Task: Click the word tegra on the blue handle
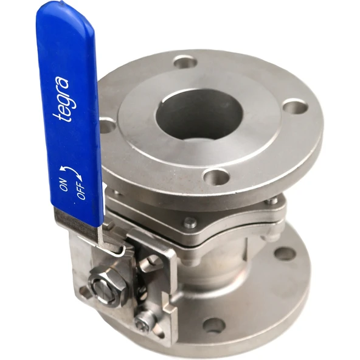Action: [61, 99]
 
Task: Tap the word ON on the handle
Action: [64, 184]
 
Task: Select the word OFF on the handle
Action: [81, 190]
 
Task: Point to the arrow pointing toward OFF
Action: [77, 175]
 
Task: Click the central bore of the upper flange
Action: [199, 112]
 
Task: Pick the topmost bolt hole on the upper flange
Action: [185, 62]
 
